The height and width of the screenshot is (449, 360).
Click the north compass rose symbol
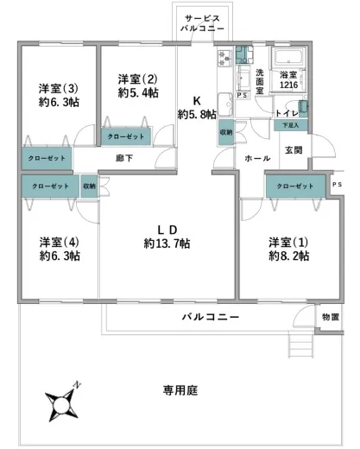pyautogui.click(x=61, y=404)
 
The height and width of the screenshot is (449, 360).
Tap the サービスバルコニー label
pyautogui.click(x=202, y=23)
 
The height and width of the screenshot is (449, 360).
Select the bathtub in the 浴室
pyautogui.click(x=288, y=57)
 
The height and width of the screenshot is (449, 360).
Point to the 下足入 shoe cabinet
pyautogui.click(x=291, y=125)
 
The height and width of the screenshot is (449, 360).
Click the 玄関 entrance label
pyautogui.click(x=294, y=150)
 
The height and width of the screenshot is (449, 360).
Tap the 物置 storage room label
pyautogui.click(x=331, y=317)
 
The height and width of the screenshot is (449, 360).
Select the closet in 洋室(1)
pyautogui.click(x=295, y=187)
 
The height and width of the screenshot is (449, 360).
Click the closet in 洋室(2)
pyautogui.click(x=126, y=136)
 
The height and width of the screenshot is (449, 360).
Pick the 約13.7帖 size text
pyautogui.click(x=167, y=243)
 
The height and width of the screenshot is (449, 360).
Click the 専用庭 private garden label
pyautogui.click(x=180, y=390)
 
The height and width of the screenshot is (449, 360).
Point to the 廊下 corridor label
pyautogui.click(x=124, y=158)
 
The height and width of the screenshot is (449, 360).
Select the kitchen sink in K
pyautogui.click(x=225, y=104)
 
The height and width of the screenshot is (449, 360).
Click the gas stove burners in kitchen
pyautogui.click(x=225, y=59)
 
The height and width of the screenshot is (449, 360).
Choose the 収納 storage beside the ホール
pyautogui.click(x=226, y=132)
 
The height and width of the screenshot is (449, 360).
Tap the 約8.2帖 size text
pyautogui.click(x=288, y=256)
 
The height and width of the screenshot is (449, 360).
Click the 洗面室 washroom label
pyautogui.click(x=260, y=81)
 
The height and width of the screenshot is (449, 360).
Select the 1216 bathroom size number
pyautogui.click(x=288, y=85)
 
